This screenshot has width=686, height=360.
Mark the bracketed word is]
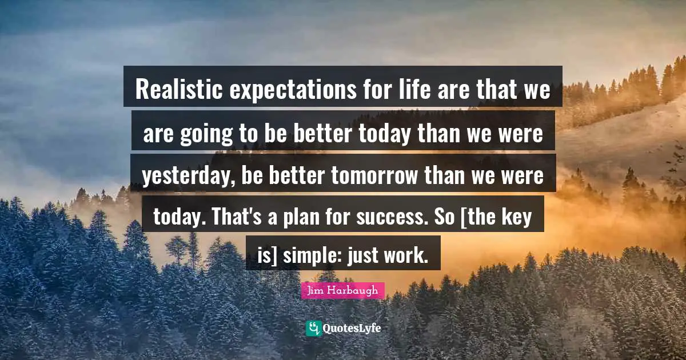[267, 255]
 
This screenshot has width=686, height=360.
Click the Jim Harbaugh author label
[343, 291]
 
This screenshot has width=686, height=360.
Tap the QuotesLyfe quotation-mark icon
[313, 328]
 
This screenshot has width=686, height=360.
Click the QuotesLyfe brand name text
[352, 329]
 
